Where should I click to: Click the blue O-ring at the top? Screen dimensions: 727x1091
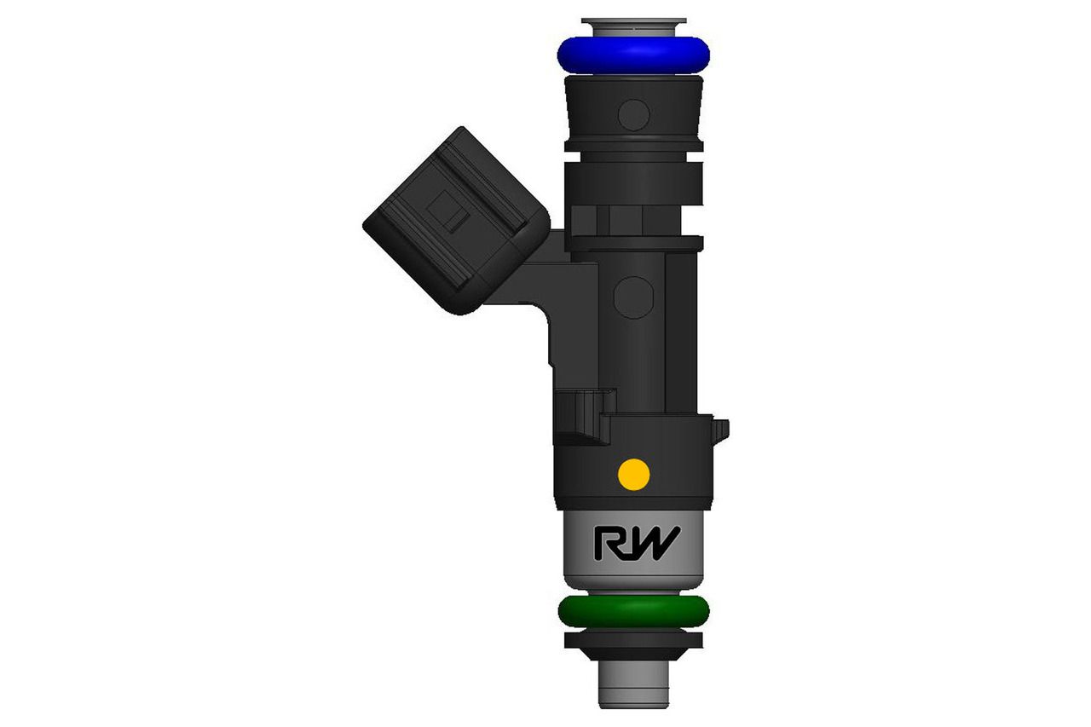coord(632,54)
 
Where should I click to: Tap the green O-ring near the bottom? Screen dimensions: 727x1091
coord(632,610)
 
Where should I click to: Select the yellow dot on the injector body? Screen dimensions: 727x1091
coord(633,473)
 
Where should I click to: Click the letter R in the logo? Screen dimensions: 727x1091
coord(610,544)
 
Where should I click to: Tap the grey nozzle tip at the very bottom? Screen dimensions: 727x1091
coord(632,687)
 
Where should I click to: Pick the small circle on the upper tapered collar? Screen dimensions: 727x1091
coord(633,113)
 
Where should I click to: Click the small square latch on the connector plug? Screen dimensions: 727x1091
coord(449,207)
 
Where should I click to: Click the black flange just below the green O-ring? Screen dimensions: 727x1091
coord(632,639)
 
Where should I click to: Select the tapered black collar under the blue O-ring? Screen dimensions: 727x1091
coord(632,107)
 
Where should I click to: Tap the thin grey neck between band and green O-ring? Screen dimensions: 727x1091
coord(632,591)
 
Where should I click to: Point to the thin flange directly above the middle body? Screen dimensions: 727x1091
coord(632,243)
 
